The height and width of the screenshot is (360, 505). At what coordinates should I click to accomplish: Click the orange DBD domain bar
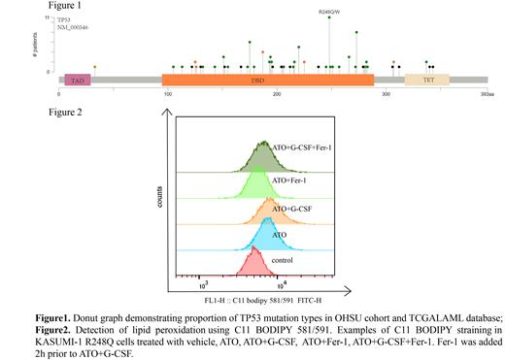pos(220,81)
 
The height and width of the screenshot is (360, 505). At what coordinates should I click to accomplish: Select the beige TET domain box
pos(427,81)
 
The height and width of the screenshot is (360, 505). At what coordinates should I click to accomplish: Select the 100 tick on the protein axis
pos(167,95)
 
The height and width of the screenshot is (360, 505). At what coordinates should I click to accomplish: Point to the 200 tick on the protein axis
pos(277,95)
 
